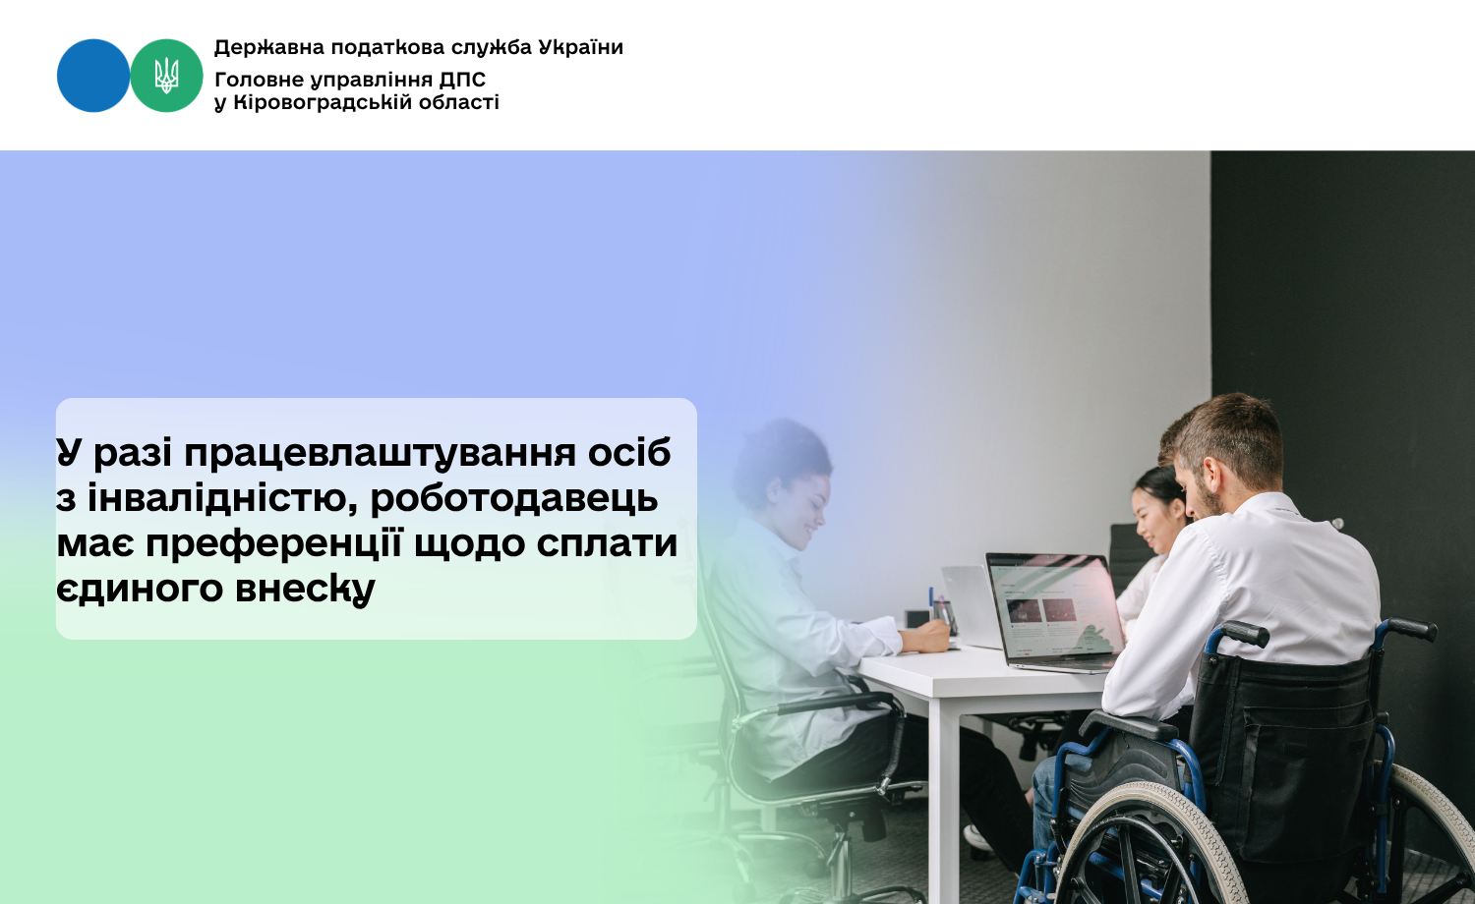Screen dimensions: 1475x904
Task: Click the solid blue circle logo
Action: [93, 76]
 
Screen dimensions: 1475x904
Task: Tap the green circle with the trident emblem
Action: [166, 76]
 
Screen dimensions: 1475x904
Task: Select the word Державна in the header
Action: [269, 48]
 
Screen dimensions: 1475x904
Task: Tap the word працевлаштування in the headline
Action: [380, 455]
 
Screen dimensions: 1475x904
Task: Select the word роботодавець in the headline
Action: [514, 499]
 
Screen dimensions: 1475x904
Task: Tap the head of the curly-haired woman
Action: [785, 480]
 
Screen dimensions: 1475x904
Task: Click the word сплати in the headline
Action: [607, 544]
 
